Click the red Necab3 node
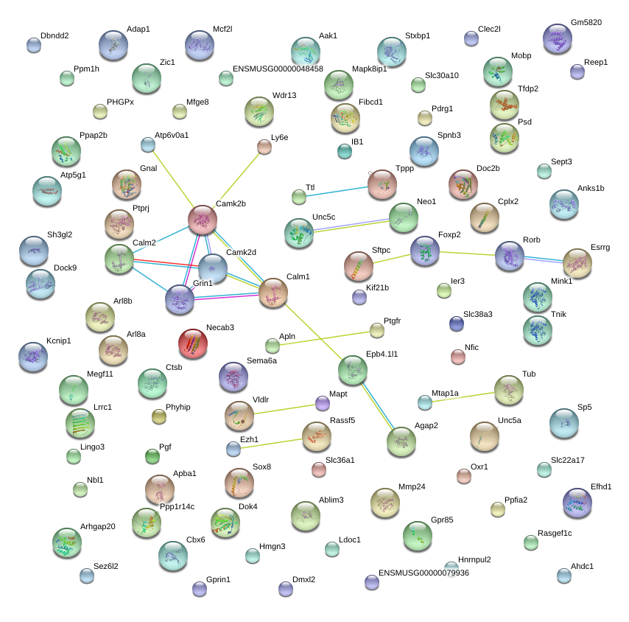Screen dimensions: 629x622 point(193,343)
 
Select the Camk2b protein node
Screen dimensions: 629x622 point(203,220)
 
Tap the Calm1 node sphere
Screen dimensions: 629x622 point(273,293)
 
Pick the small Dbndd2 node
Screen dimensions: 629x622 point(34,45)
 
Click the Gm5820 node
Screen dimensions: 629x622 point(558,38)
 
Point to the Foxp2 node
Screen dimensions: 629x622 point(425,251)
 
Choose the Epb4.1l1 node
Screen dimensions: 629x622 point(353,370)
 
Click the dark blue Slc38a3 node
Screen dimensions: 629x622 point(457,324)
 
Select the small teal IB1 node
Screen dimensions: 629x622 point(345,151)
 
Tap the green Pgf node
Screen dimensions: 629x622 point(152,456)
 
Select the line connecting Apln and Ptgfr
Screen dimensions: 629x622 point(325,338)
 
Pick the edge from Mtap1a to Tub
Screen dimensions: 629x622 point(463,397)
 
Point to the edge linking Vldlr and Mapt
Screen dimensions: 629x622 point(285,409)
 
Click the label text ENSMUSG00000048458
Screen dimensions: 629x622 point(278,69)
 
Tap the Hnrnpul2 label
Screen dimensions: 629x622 point(474,559)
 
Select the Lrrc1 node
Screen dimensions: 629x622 point(80,423)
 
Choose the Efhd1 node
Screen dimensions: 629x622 point(577,503)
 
